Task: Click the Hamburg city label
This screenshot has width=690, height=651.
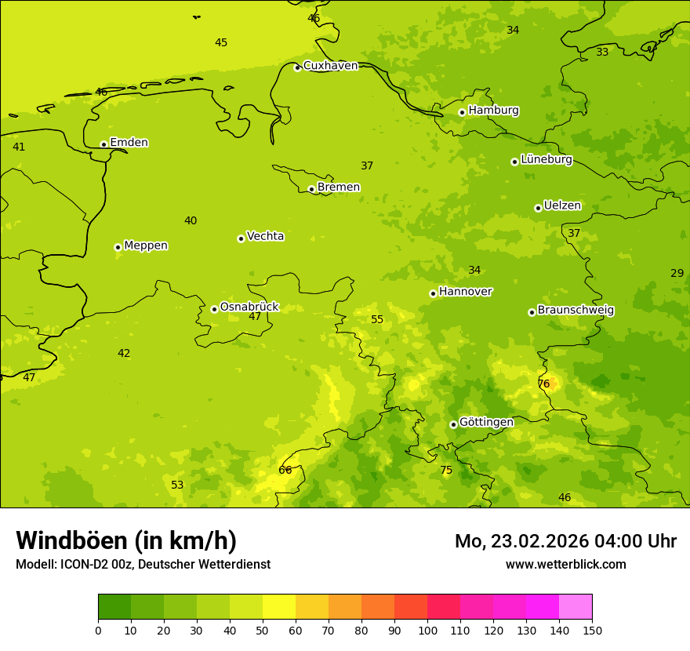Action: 493,111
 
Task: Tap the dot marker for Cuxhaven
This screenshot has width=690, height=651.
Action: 297,68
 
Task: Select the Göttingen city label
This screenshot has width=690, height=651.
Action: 486,422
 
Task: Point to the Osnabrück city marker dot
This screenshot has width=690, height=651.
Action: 214,309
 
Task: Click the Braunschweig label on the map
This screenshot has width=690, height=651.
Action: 576,311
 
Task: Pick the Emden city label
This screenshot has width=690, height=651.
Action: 129,143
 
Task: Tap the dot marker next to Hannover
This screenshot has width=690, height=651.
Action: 433,294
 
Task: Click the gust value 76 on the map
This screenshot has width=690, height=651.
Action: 543,384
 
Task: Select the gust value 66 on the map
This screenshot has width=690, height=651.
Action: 285,470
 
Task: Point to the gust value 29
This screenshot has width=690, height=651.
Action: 677,273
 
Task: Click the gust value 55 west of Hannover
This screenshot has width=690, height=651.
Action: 377,319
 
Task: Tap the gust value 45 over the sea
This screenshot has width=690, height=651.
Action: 221,42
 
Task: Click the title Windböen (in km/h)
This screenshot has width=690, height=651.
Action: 126,540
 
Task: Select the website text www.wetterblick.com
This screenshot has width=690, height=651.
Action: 565,564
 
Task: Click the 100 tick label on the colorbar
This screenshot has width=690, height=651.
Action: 427,630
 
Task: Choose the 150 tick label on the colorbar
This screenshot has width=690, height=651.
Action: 592,630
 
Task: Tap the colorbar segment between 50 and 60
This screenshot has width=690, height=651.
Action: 279,607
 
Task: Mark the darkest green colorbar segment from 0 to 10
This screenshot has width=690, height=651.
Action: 114,607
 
